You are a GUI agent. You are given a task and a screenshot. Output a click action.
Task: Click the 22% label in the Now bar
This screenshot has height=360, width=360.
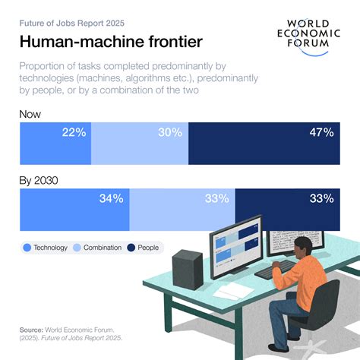tap(74, 133)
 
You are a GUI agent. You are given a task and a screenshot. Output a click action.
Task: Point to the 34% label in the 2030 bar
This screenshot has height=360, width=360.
tap(111, 199)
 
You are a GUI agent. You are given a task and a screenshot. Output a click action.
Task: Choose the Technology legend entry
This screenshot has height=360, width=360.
tap(46, 248)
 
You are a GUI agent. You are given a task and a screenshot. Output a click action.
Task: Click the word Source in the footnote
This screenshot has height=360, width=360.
tap(30, 330)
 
